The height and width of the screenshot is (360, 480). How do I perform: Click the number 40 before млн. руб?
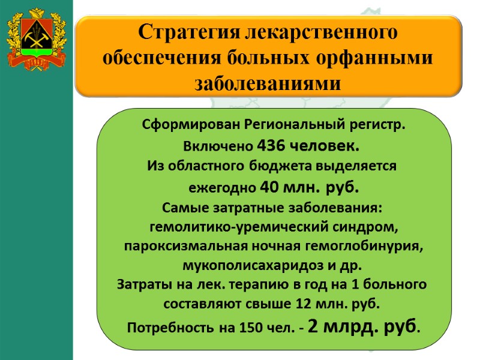269,187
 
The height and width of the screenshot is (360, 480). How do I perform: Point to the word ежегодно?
223,187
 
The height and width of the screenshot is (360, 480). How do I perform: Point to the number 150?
250,328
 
